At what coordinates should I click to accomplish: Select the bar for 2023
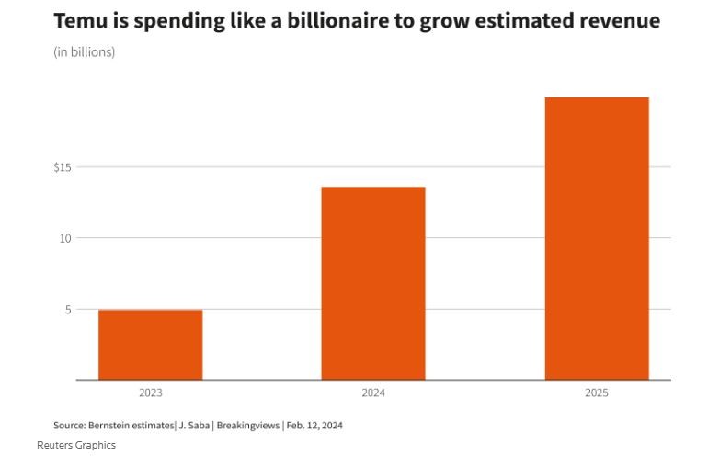point(150,345)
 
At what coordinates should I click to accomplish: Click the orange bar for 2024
point(372,283)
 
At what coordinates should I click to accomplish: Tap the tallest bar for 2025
point(596,238)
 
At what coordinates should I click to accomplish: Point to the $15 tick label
point(63,167)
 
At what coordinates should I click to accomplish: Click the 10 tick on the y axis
point(64,238)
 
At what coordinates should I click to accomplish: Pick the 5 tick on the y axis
point(67,310)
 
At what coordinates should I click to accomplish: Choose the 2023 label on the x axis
point(150,393)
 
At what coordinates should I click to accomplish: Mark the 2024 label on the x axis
point(372,393)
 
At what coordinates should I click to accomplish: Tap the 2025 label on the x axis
point(596,393)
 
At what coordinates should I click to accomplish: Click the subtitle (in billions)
point(85,52)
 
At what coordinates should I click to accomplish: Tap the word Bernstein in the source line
point(112,425)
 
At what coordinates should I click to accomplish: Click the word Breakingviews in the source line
point(249,425)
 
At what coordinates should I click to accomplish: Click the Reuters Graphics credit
point(76,445)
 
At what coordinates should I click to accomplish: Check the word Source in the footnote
point(70,425)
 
